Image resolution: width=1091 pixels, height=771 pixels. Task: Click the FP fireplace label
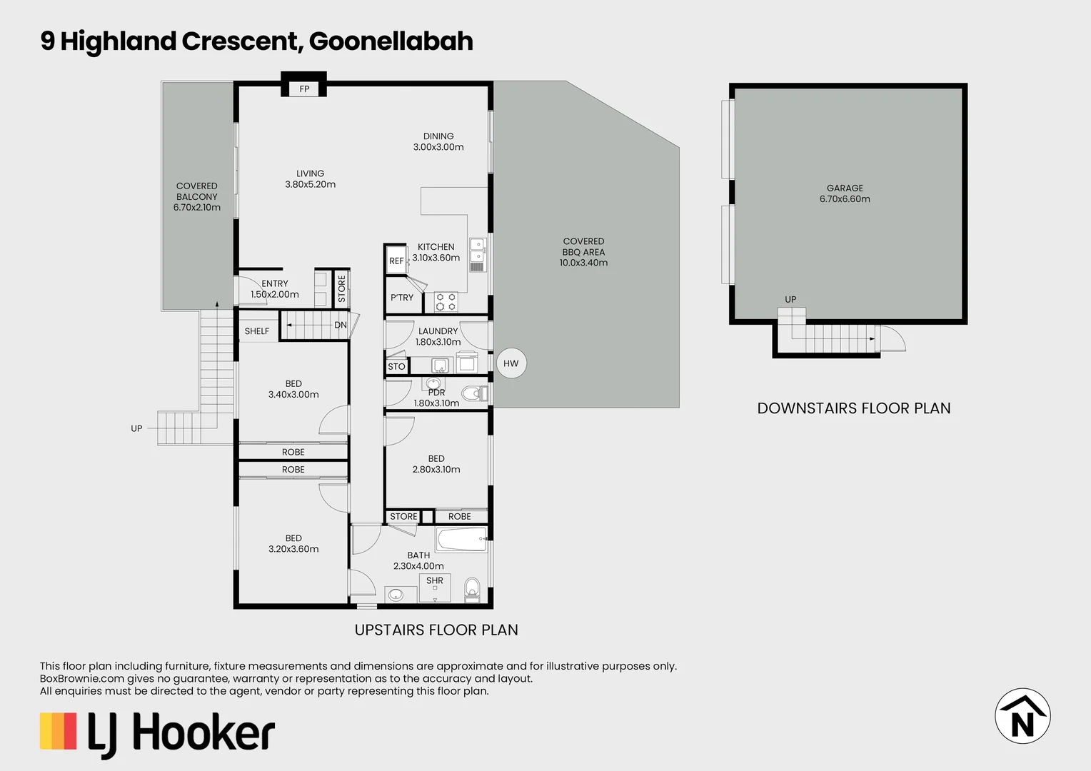(304, 89)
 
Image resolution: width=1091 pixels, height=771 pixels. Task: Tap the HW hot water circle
(511, 363)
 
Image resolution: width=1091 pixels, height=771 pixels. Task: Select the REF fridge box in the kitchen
(396, 261)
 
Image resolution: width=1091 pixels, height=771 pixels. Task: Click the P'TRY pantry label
(402, 298)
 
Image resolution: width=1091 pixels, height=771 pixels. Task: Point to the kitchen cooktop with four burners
(446, 302)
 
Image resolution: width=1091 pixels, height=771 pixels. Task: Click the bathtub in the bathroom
(461, 540)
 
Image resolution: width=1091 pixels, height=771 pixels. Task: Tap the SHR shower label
(435, 580)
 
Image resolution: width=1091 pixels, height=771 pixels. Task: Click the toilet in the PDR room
(473, 393)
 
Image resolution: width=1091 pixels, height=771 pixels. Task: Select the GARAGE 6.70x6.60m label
(845, 193)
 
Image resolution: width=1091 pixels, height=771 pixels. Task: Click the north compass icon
(1022, 716)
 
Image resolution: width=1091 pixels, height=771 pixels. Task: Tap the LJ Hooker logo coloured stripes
(58, 731)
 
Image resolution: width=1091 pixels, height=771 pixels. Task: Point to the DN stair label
(341, 325)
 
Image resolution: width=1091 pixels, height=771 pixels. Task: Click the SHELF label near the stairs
(257, 331)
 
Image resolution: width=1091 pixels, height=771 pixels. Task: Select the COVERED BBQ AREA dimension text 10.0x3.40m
(583, 263)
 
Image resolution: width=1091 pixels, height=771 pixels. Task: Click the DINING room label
(438, 136)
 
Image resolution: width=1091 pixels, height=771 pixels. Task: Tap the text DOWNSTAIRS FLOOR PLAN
(853, 408)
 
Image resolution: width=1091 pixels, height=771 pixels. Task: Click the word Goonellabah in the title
(391, 41)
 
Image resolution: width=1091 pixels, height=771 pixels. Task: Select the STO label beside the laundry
(396, 366)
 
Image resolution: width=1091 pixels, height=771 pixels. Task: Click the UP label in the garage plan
(790, 299)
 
